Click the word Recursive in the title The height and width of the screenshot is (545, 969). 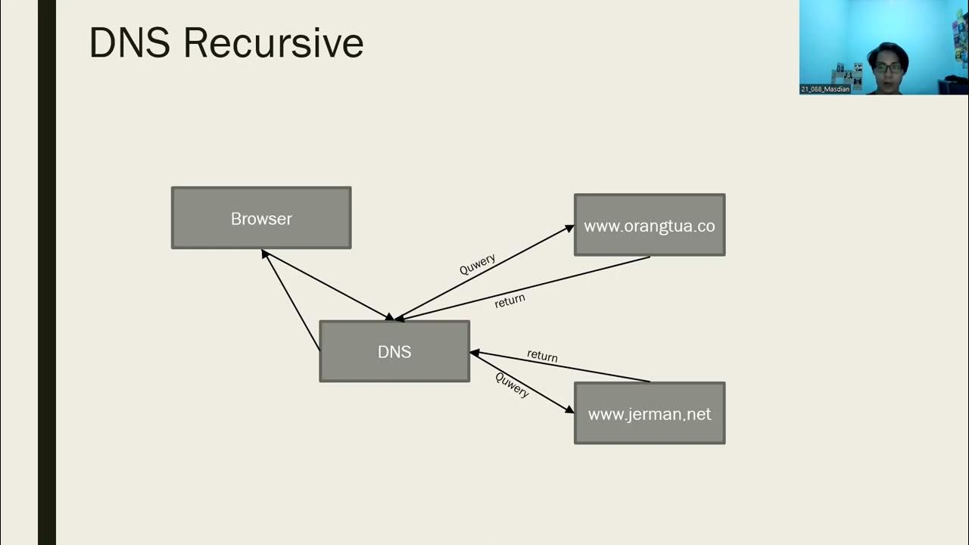[273, 43]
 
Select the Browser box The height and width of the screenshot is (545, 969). [261, 218]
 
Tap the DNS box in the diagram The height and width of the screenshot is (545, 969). [394, 351]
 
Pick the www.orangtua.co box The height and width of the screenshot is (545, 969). [650, 226]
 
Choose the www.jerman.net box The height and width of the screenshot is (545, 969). [650, 413]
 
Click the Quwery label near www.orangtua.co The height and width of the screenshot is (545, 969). [478, 264]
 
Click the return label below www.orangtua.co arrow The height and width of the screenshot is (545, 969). [509, 300]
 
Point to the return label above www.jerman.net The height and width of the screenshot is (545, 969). [542, 355]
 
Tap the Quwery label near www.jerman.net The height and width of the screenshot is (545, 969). [513, 385]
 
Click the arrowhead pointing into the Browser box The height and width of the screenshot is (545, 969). [265, 254]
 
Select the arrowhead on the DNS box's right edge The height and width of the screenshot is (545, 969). [475, 353]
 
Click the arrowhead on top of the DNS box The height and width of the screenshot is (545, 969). [391, 317]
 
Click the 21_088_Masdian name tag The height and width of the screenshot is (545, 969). [825, 89]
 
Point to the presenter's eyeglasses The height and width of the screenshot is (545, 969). [887, 67]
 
